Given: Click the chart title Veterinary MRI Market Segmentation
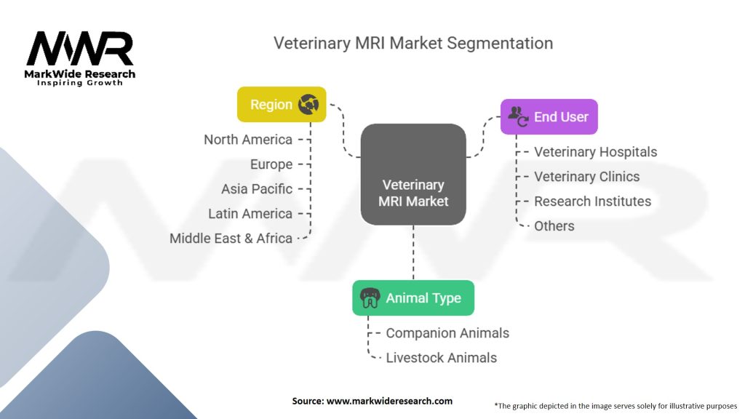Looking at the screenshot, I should tap(413, 43).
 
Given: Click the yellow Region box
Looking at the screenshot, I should tap(282, 105).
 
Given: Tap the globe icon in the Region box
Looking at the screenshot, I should tap(308, 105).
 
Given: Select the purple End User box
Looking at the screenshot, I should tap(549, 116).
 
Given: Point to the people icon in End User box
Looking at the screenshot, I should tap(518, 116).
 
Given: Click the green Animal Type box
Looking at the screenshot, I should tap(413, 298).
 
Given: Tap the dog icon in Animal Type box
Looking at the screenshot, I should tap(370, 298).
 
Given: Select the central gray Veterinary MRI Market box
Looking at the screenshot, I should tap(413, 173).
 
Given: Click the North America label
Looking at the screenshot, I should tap(248, 140).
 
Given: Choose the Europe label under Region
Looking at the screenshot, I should tap(271, 164).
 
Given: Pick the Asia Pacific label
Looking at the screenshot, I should tap(257, 189).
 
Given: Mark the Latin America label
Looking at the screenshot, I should tap(250, 214).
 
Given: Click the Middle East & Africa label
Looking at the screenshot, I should tap(231, 239).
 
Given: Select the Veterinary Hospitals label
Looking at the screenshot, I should tap(595, 152).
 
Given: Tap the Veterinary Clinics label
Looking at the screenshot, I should tap(586, 177).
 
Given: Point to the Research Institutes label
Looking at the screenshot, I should tap(592, 201).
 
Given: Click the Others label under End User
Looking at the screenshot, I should tap(554, 226).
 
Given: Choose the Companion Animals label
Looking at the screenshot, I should tap(447, 333).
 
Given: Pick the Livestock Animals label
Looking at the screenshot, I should tap(441, 358).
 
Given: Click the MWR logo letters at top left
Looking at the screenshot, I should tap(80, 49).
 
